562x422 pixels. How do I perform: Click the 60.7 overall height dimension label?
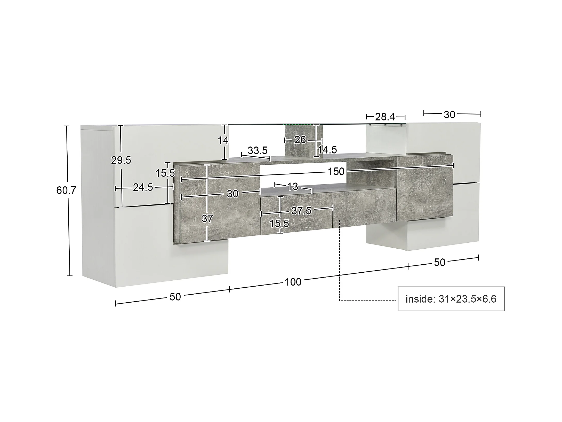click(66, 190)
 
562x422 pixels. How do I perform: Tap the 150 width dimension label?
click(336, 171)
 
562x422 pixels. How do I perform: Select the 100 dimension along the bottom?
click(293, 282)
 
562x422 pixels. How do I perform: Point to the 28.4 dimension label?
click(385, 117)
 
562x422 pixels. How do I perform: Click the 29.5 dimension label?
click(121, 160)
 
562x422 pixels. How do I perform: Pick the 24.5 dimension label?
click(143, 187)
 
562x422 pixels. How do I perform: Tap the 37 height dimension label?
click(207, 219)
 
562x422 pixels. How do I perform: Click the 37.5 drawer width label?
click(301, 211)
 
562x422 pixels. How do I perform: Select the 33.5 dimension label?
click(258, 150)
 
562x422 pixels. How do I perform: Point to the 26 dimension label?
click(300, 140)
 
